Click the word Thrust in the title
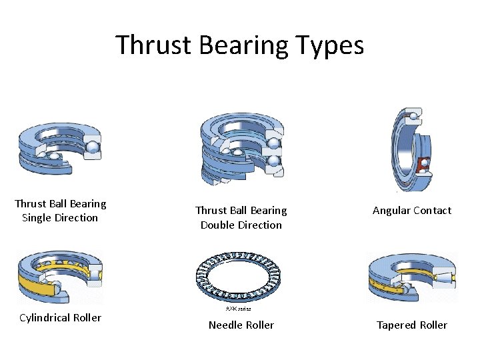(151, 45)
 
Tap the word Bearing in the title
(245, 45)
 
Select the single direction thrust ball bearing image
(60, 149)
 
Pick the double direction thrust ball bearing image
(241, 148)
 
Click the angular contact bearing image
(411, 150)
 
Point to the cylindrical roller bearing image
(60, 277)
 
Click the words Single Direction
(60, 218)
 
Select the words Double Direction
(241, 225)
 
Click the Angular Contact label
(412, 211)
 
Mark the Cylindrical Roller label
(60, 318)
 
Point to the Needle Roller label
(241, 325)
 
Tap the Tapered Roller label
(412, 325)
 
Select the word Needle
(225, 325)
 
